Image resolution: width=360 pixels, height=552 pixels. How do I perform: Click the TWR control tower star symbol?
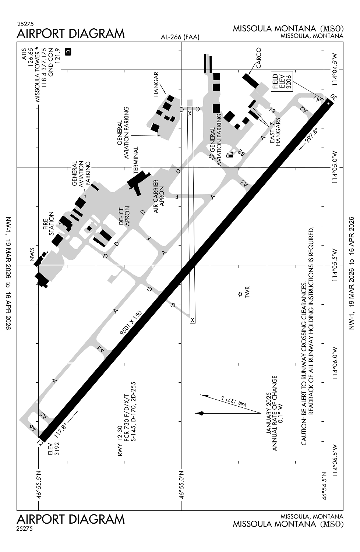pyautogui.click(x=240, y=294)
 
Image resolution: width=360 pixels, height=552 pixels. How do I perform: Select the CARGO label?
pyautogui.click(x=259, y=58)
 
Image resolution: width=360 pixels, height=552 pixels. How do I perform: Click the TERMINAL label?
pyautogui.click(x=136, y=160)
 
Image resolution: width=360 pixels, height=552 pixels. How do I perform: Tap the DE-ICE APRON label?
pyautogui.click(x=124, y=215)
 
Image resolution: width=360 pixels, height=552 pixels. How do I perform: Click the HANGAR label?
pyautogui.click(x=156, y=84)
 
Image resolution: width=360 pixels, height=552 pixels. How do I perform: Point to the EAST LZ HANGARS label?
pyautogui.click(x=275, y=132)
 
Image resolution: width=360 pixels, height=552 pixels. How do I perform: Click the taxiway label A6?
pyautogui.click(x=34, y=427)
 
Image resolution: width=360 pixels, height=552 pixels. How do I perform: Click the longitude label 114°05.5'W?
pyautogui.click(x=335, y=265)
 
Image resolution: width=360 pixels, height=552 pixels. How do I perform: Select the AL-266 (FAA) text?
pyautogui.click(x=180, y=37)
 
